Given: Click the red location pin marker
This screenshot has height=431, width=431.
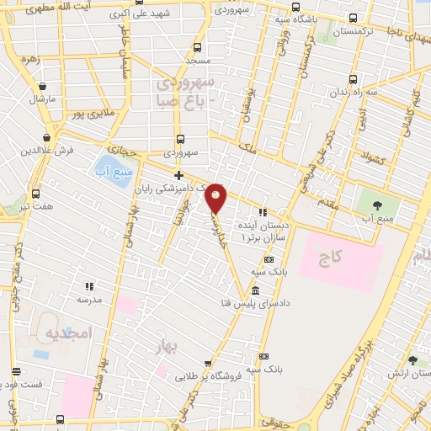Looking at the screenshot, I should tap(216, 197).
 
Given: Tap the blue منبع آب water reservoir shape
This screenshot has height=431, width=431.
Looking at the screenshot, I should tap(107, 165).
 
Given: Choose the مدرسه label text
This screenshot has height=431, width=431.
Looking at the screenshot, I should tap(90, 299).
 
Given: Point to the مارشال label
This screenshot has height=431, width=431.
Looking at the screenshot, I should tap(42, 99).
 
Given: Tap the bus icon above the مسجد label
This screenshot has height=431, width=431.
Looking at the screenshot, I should tap(197, 47).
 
